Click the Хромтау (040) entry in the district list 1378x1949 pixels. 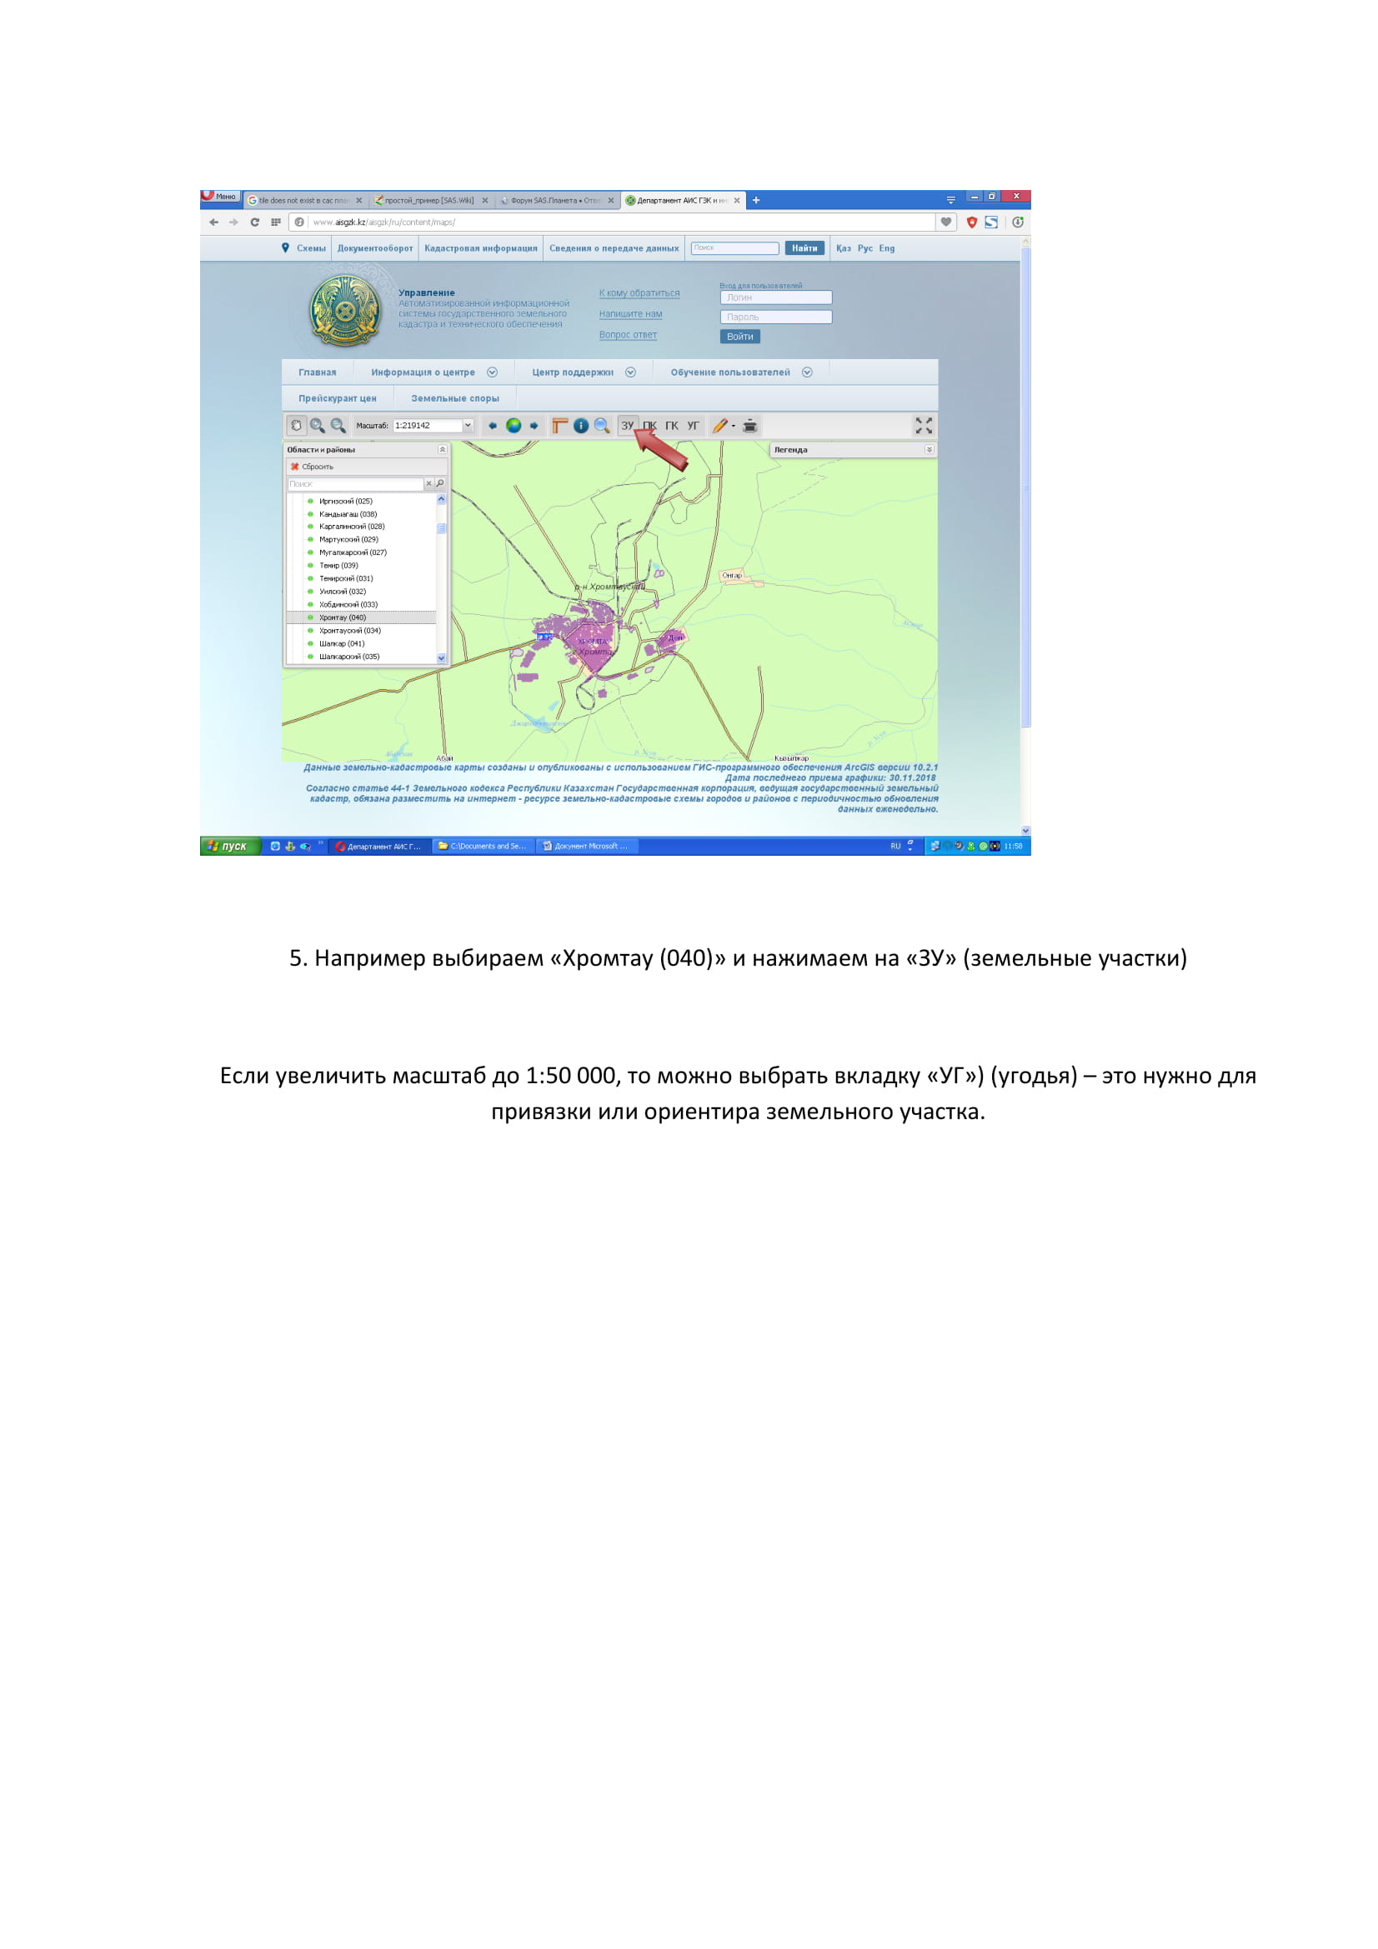pyautogui.click(x=342, y=618)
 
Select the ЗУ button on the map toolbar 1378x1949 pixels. pyautogui.click(x=628, y=426)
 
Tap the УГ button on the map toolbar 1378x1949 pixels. pyautogui.click(x=694, y=426)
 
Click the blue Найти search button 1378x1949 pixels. pyautogui.click(x=804, y=248)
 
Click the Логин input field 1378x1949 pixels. pyautogui.click(x=775, y=298)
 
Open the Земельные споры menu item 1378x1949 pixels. pyautogui.click(x=455, y=399)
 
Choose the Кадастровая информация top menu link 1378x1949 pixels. pyautogui.click(x=480, y=248)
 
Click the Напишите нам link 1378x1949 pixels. pyautogui.click(x=631, y=314)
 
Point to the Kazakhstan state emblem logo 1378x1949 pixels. pyautogui.click(x=345, y=312)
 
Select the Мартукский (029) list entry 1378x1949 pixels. pyautogui.click(x=348, y=540)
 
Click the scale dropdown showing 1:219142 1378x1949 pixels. pyautogui.click(x=433, y=426)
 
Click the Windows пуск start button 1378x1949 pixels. pyautogui.click(x=228, y=847)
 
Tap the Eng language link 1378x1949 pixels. pyautogui.click(x=886, y=248)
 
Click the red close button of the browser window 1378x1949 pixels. pyautogui.click(x=1016, y=197)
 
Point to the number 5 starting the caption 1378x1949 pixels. pyautogui.click(x=296, y=958)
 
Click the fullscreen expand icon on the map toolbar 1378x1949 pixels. pyautogui.click(x=924, y=426)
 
